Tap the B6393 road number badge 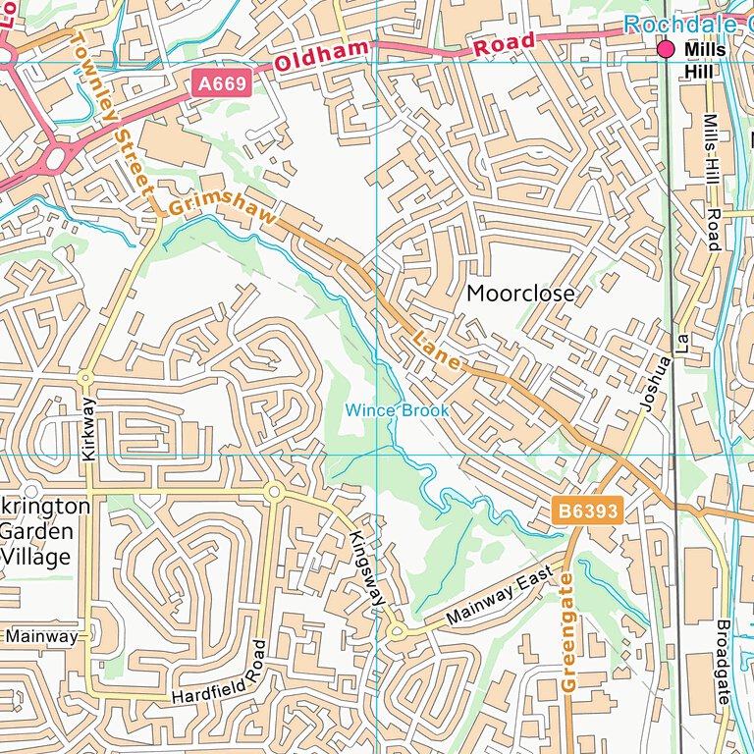[584, 512]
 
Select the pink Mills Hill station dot [667, 49]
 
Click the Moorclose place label [520, 294]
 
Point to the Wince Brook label [397, 410]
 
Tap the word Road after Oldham [505, 43]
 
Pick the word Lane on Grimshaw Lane [437, 350]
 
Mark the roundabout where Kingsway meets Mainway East [397, 632]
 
